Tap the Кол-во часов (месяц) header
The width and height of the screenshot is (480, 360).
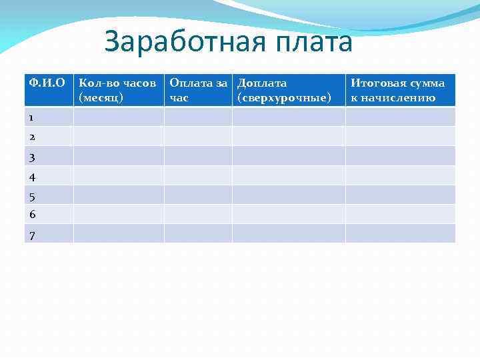pos(118,90)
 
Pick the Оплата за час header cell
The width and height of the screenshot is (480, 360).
pos(198,90)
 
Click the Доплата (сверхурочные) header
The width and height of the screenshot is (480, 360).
pos(287,90)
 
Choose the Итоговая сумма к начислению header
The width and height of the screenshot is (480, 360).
pos(399,90)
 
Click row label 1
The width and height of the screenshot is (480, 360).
pos(31,117)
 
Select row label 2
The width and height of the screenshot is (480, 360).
pos(31,137)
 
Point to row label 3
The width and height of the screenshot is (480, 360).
pos(31,157)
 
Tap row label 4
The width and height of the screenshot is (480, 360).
pos(31,177)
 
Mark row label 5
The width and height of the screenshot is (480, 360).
pos(31,197)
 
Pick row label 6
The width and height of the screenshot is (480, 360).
pos(31,214)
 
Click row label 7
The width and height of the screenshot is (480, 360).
pos(31,235)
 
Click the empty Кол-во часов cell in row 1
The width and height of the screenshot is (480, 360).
pos(118,117)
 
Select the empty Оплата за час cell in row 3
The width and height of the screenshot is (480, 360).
pos(198,156)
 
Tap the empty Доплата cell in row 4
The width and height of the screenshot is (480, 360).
pos(288,175)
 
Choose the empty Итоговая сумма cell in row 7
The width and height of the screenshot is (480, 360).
pos(399,233)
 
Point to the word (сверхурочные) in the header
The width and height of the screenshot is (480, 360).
pos(284,98)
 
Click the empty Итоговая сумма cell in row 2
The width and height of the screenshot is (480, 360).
pos(399,136)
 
